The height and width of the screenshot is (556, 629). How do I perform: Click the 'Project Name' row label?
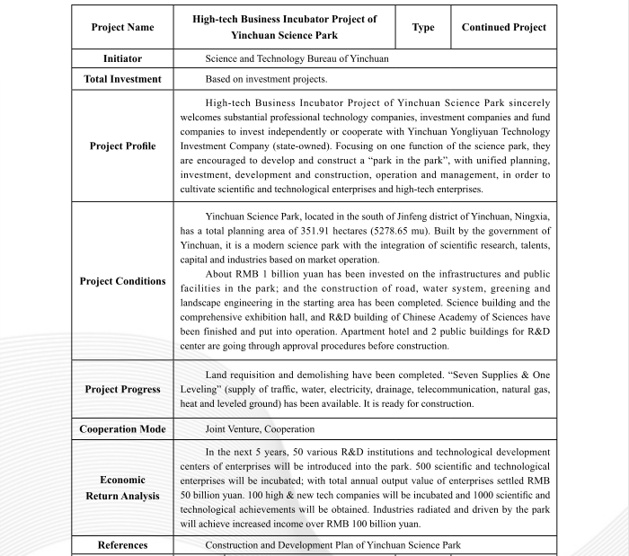pos(122,27)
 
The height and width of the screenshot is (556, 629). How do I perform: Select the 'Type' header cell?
pos(423,27)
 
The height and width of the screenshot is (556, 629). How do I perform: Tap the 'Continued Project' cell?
pos(503,27)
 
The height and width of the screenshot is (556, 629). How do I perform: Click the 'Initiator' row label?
pos(122,58)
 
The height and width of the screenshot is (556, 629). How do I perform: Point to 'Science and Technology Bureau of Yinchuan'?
pos(297,58)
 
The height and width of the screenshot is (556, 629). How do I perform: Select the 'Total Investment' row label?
pos(122,79)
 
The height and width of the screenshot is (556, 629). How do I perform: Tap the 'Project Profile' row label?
pos(122,146)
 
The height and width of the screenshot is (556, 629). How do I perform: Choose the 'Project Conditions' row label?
pos(122,281)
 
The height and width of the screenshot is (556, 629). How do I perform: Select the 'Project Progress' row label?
pos(122,389)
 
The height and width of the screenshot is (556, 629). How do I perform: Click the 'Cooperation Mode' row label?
pos(122,428)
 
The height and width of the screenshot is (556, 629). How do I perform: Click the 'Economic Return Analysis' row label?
pos(122,488)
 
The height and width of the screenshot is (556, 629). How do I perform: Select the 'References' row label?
pos(122,544)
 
